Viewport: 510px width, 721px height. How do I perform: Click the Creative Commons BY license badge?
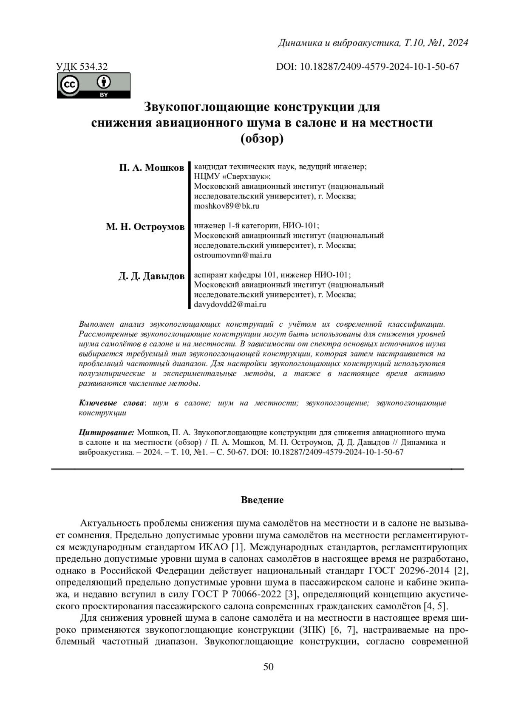(93, 85)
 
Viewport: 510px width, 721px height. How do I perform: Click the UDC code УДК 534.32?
(82, 67)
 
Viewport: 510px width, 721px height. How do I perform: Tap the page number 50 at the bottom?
(269, 667)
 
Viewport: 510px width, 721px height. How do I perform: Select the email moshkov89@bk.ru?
(226, 206)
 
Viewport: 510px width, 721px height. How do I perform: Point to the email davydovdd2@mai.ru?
(230, 305)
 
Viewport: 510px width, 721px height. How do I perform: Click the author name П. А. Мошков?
(151, 167)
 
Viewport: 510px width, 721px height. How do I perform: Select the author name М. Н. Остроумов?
(145, 226)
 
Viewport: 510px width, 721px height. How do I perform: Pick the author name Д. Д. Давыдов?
(151, 276)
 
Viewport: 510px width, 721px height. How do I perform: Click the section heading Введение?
(262, 500)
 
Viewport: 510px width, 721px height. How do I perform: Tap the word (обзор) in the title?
(262, 139)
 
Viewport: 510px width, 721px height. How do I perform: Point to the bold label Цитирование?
(106, 433)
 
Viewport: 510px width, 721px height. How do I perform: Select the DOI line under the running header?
(368, 67)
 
